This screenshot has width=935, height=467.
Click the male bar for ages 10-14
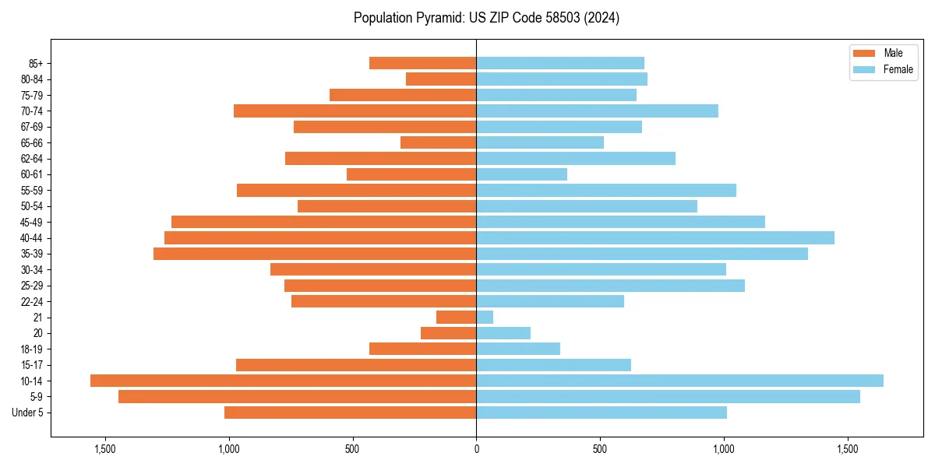[x=283, y=381]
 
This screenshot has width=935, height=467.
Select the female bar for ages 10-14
[x=679, y=381]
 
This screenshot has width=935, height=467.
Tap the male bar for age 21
[x=457, y=318]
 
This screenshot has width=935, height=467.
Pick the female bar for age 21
[x=485, y=318]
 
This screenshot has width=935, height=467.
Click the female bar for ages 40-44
[x=654, y=238]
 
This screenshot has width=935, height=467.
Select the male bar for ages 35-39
[x=315, y=254]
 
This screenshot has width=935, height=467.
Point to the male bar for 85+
[x=422, y=63]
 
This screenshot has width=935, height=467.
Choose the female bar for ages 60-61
[x=521, y=174]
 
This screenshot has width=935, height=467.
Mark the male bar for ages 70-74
[x=355, y=111]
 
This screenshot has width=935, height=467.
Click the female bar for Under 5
[x=601, y=413]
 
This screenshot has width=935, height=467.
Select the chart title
[x=486, y=18]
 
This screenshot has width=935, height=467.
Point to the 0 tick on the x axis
[x=476, y=449]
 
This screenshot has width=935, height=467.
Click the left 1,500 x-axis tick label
[x=104, y=449]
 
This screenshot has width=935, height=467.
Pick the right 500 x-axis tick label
[x=600, y=449]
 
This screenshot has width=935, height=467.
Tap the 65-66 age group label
[x=32, y=143]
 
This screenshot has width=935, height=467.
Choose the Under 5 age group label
[x=28, y=413]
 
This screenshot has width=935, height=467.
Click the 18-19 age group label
[x=32, y=349]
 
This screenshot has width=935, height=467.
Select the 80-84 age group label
[x=32, y=79]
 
